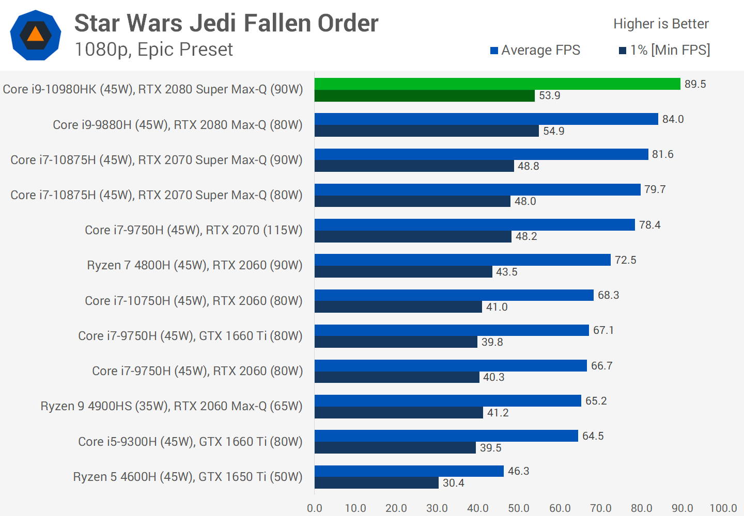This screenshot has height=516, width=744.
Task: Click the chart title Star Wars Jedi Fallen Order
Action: (226, 23)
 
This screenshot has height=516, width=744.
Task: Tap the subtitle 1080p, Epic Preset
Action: (153, 50)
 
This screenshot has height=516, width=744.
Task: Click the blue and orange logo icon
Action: (35, 35)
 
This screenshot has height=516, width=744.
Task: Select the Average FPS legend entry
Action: (535, 50)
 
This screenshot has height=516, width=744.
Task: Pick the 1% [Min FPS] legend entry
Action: (664, 50)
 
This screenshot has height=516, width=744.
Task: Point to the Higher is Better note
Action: (661, 24)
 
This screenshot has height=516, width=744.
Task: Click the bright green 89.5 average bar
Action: (497, 84)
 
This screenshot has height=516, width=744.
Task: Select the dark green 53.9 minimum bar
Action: (424, 96)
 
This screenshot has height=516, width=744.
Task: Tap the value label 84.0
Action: (673, 119)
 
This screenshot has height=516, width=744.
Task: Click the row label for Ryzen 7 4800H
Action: (195, 265)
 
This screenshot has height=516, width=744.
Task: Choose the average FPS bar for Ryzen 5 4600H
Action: (409, 471)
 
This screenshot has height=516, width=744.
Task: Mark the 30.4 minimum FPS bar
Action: (376, 483)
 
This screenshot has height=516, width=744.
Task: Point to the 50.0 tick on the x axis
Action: (519, 508)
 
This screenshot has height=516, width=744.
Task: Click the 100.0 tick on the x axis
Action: (723, 508)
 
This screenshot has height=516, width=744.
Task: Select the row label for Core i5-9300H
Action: (190, 442)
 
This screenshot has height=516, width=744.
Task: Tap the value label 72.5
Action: (625, 260)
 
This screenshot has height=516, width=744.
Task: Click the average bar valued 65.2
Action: (447, 401)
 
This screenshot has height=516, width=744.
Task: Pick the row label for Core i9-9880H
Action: (178, 125)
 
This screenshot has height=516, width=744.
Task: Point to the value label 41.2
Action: (498, 413)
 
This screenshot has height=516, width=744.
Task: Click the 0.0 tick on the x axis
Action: (315, 508)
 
